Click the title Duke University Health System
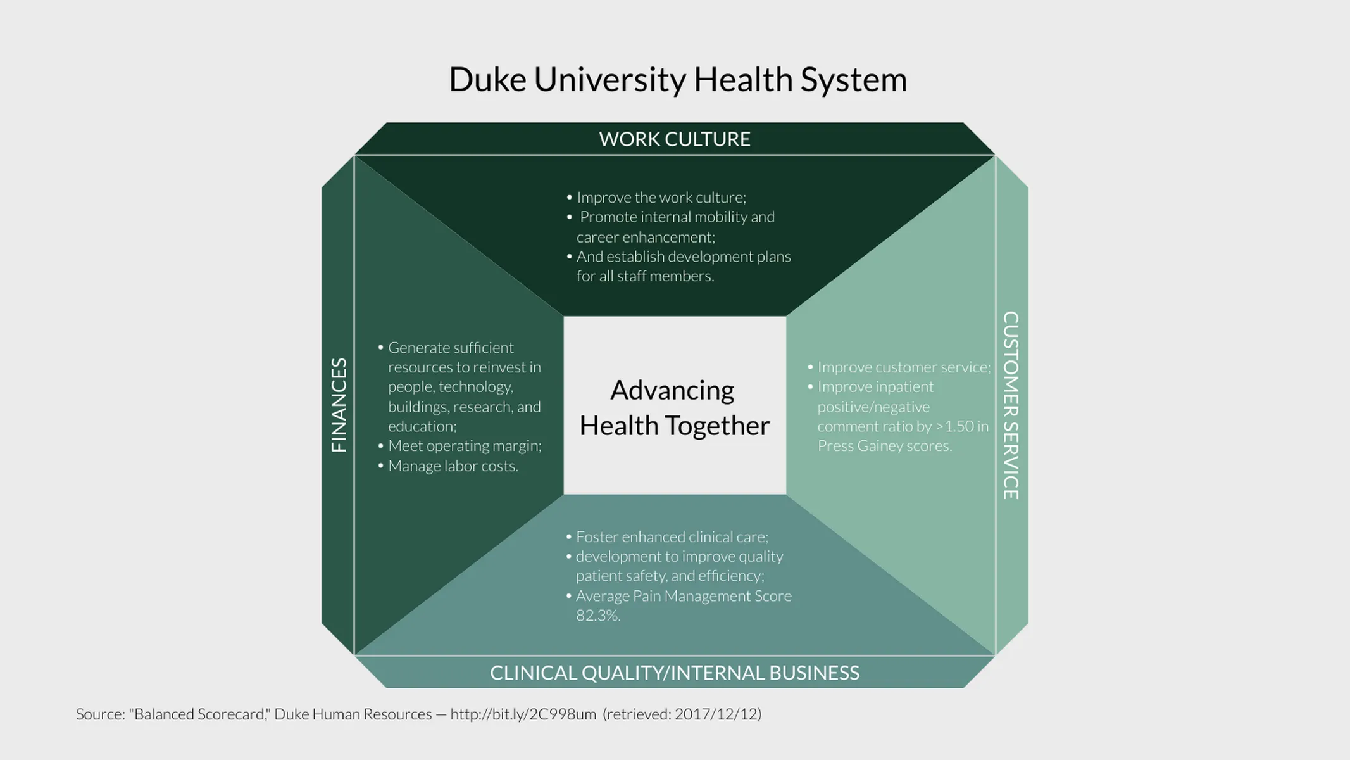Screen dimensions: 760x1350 point(677,80)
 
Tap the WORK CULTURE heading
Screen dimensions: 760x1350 point(675,139)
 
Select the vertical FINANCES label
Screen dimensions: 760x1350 point(339,405)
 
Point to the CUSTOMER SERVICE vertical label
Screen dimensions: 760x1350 point(1011,405)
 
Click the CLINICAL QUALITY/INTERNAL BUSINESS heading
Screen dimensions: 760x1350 point(675,673)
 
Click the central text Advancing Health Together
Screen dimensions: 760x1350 point(674,408)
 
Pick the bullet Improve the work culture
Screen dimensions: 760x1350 point(661,198)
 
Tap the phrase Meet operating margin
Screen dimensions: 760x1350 point(465,446)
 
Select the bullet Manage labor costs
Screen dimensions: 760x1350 point(453,466)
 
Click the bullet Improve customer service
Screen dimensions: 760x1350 point(903,367)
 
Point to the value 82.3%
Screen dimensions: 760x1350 point(597,616)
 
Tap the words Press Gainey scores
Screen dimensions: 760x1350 point(884,446)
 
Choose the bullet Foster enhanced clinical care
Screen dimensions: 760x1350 point(672,537)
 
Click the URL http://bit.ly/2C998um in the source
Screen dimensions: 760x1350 point(523,714)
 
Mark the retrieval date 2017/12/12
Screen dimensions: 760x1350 point(716,714)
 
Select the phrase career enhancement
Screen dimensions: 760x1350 point(645,237)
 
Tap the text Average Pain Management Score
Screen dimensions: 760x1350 point(683,596)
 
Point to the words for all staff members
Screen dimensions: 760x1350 point(644,276)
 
